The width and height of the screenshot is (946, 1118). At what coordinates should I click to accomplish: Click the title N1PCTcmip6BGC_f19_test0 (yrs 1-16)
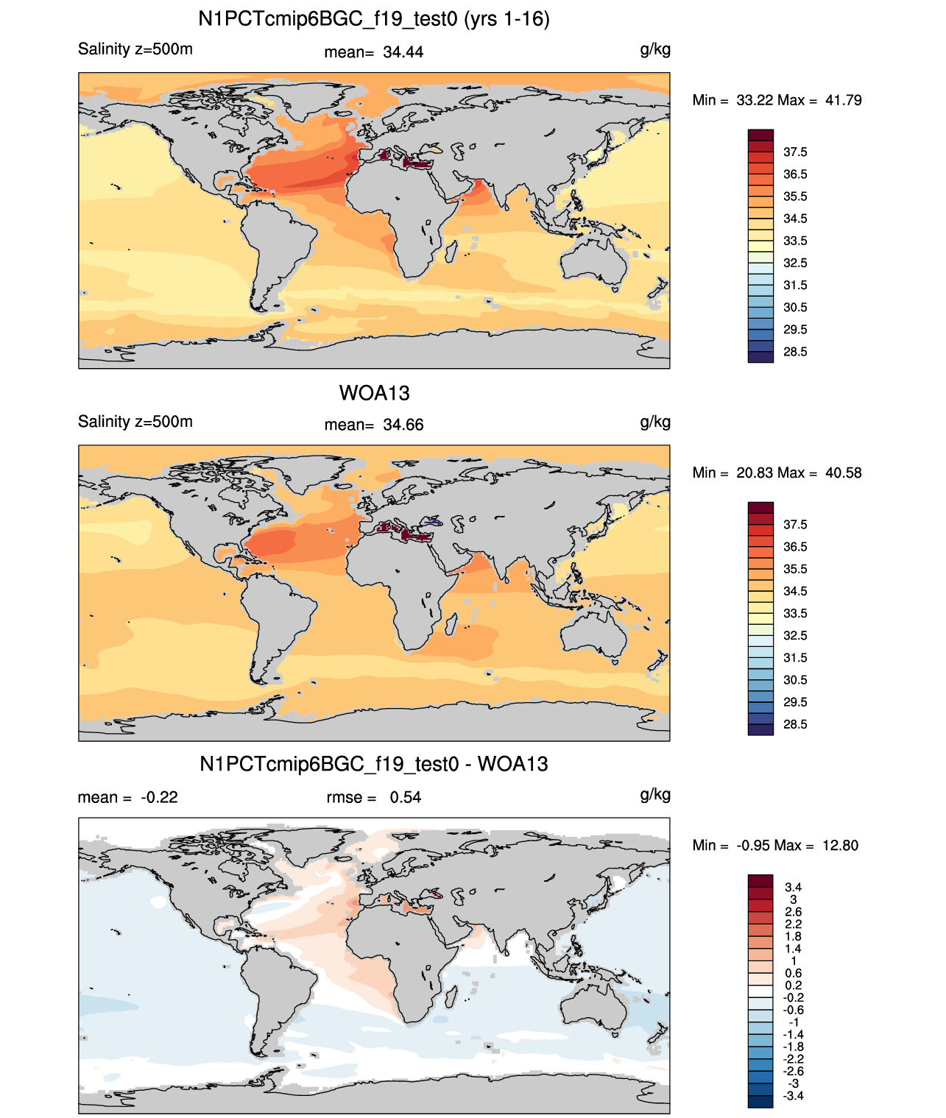[374, 19]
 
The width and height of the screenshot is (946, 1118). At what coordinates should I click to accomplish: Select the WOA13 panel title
[374, 393]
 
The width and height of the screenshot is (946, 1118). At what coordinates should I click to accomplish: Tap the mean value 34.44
[403, 52]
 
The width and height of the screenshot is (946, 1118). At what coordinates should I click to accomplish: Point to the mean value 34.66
[403, 425]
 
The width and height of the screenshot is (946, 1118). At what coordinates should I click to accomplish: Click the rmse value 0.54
[405, 798]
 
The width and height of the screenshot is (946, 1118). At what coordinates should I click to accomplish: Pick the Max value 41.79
[843, 101]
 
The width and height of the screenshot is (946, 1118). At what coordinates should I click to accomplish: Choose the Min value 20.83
[754, 473]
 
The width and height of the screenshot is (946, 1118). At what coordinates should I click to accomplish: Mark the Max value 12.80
[840, 846]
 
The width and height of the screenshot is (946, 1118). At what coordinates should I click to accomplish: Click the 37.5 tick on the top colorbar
[795, 152]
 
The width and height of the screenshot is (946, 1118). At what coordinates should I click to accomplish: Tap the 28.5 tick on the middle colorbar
[795, 725]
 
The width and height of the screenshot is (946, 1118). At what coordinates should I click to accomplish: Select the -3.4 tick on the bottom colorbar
[793, 1097]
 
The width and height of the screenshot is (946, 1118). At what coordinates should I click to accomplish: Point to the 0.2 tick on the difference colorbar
[794, 986]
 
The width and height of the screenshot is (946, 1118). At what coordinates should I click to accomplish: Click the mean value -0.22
[159, 798]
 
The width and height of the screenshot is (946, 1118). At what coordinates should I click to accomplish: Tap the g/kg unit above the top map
[655, 50]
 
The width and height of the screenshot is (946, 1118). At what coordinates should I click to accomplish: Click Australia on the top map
[594, 262]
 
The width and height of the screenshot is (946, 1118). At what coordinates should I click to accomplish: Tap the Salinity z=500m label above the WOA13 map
[135, 422]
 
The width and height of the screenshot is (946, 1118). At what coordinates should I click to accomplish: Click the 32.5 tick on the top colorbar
[795, 263]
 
